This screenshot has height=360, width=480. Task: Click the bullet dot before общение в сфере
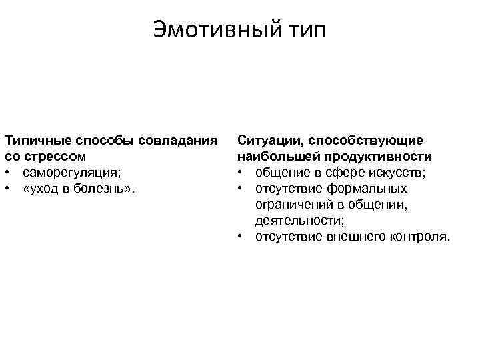pyautogui.click(x=240, y=173)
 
